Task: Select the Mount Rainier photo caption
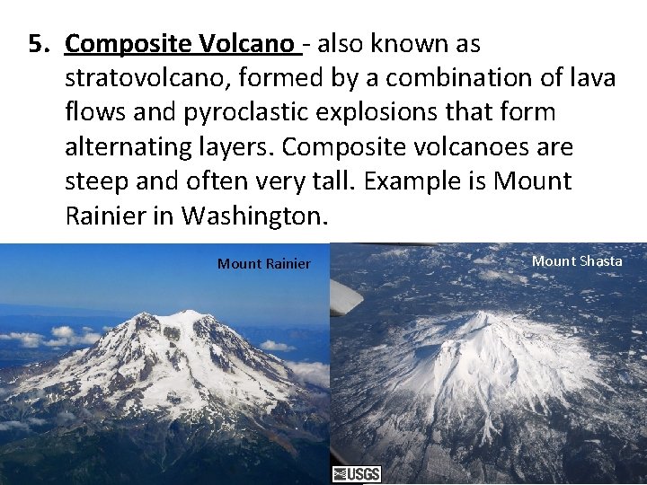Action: (263, 263)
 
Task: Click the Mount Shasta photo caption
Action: (577, 260)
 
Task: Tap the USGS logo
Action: (357, 474)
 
